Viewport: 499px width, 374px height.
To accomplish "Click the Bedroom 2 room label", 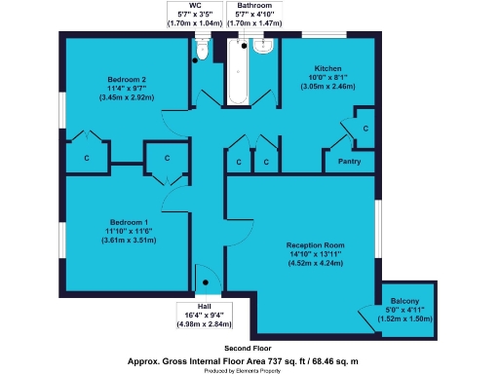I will [128, 78].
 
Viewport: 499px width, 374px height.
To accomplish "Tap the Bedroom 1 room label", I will [129, 223].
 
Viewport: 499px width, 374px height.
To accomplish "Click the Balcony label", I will [404, 302].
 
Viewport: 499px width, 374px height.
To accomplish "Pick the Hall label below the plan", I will [204, 306].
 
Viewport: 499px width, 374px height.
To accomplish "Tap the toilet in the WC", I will [201, 47].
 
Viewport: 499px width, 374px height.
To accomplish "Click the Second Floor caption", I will [248, 348].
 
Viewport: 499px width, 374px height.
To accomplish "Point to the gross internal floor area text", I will [249, 359].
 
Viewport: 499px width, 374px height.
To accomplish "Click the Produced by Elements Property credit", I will [249, 369].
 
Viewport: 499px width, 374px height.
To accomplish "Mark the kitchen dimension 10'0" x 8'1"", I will [326, 77].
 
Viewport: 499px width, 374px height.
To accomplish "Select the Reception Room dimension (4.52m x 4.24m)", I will [315, 262].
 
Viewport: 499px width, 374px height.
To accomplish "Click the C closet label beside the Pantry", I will [365, 129].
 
